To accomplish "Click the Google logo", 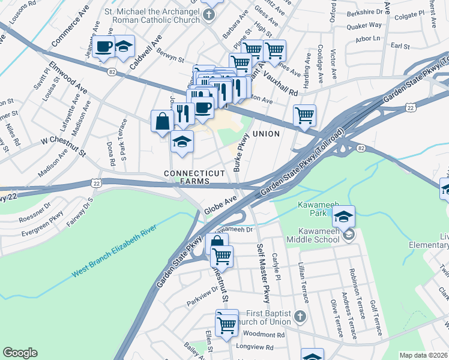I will pyautogui.click(x=20, y=353).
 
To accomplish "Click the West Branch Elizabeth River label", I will pyautogui.click(x=114, y=251).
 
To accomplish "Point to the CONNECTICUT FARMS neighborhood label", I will pyautogui.click(x=187, y=177).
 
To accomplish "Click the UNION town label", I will pyautogui.click(x=266, y=134).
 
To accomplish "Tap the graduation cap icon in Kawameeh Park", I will pyautogui.click(x=343, y=217).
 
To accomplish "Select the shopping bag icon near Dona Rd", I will pyautogui.click(x=163, y=121).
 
